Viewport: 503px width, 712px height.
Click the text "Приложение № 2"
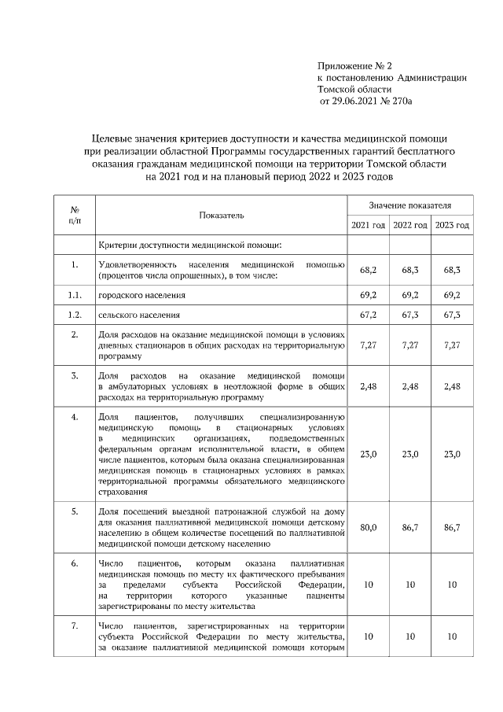click(x=353, y=65)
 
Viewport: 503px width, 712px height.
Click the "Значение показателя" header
click(x=409, y=205)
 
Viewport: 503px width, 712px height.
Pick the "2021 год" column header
click(x=368, y=226)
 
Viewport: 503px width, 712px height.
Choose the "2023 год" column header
click(x=452, y=226)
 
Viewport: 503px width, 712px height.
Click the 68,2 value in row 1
click(x=368, y=270)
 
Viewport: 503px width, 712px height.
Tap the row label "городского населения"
click(x=141, y=295)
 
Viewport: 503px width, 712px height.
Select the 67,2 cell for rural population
click(x=368, y=315)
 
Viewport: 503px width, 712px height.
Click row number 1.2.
click(x=74, y=315)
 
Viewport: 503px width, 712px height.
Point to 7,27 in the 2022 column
click(x=409, y=345)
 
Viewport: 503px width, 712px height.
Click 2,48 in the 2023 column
click(x=452, y=386)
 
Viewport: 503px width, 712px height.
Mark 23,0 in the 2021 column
click(x=368, y=454)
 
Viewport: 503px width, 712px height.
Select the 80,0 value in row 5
click(x=368, y=527)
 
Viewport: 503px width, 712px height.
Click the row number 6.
click(x=74, y=564)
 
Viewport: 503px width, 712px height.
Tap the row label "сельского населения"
click(x=139, y=315)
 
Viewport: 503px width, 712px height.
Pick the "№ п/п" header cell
click(x=74, y=215)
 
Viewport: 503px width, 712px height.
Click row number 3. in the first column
click(x=74, y=375)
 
